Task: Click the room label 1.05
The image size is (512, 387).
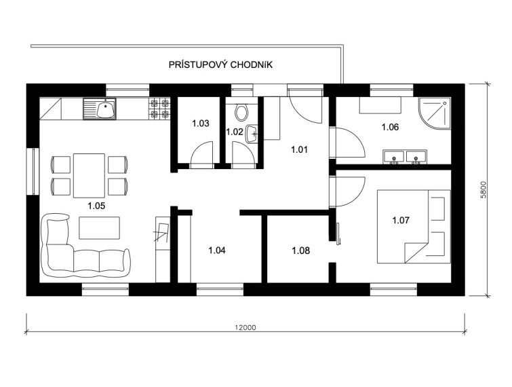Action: pyautogui.click(x=96, y=206)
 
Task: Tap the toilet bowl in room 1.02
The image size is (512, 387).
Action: pyautogui.click(x=241, y=112)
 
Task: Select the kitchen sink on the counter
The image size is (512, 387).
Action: pyautogui.click(x=99, y=109)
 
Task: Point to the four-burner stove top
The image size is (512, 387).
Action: pyautogui.click(x=159, y=109)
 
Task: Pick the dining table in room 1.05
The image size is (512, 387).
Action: pyautogui.click(x=89, y=176)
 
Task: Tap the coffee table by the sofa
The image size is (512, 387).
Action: pyautogui.click(x=99, y=228)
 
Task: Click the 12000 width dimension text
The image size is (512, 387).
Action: pyautogui.click(x=245, y=327)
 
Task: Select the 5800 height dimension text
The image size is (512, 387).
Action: pyautogui.click(x=484, y=190)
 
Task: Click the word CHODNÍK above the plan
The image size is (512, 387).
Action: pyautogui.click(x=252, y=64)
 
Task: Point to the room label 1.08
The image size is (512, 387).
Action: pyautogui.click(x=300, y=251)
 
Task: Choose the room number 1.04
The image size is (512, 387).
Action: pyautogui.click(x=217, y=251)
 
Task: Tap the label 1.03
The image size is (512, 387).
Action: pyautogui.click(x=201, y=124)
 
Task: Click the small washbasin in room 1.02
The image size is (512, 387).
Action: pyautogui.click(x=252, y=134)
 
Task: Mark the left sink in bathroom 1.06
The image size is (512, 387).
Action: pyautogui.click(x=394, y=157)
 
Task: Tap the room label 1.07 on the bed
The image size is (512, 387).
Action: pyautogui.click(x=401, y=220)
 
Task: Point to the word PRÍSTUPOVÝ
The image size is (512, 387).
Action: pyautogui.click(x=197, y=64)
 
